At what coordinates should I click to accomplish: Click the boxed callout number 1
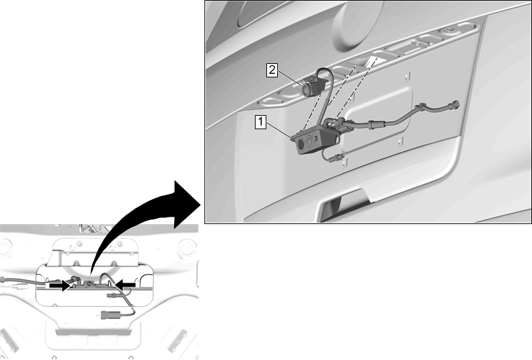[260, 122]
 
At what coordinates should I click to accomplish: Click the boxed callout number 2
[272, 70]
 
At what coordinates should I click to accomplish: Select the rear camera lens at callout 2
[307, 89]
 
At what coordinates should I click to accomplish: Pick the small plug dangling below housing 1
[339, 156]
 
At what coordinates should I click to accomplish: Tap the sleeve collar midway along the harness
[372, 124]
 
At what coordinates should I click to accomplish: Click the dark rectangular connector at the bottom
[108, 315]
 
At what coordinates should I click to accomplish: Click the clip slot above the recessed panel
[408, 77]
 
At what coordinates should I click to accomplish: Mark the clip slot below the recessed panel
[400, 141]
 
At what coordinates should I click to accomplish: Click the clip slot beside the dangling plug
[344, 164]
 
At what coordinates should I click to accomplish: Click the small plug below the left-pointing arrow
[112, 295]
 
